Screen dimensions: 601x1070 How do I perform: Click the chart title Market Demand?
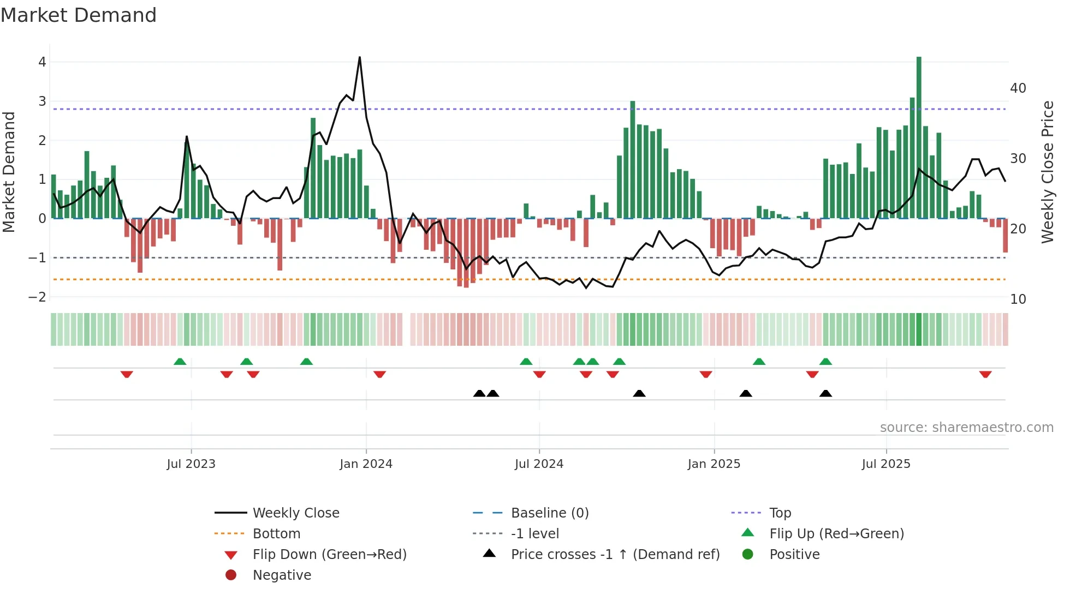tap(79, 15)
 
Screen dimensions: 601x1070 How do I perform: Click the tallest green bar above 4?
tap(919, 136)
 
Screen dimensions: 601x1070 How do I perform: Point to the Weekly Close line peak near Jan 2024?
tap(359, 57)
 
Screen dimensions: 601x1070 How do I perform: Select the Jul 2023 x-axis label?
tap(191, 464)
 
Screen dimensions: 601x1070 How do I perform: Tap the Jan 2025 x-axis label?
tap(714, 464)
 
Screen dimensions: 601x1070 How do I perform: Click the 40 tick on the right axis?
tap(1018, 88)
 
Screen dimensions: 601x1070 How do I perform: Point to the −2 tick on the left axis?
tap(38, 297)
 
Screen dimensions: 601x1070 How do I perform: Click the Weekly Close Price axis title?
tap(1047, 172)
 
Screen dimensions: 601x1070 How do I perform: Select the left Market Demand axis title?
tap(9, 172)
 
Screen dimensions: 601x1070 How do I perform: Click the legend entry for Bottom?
tap(276, 534)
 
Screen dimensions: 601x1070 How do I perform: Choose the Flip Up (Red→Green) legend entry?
tap(836, 534)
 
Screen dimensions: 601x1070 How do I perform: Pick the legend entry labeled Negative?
tap(282, 575)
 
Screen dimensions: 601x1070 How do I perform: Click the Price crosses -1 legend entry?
tap(615, 555)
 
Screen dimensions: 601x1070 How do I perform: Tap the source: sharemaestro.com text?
tap(966, 428)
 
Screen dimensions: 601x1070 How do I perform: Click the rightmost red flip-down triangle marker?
tap(985, 375)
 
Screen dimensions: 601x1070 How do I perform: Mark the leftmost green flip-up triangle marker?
tap(180, 362)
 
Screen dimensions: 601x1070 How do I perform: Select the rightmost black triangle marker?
tap(825, 393)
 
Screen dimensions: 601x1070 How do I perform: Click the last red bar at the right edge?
tap(1005, 236)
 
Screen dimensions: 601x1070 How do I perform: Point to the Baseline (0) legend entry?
tap(549, 513)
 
